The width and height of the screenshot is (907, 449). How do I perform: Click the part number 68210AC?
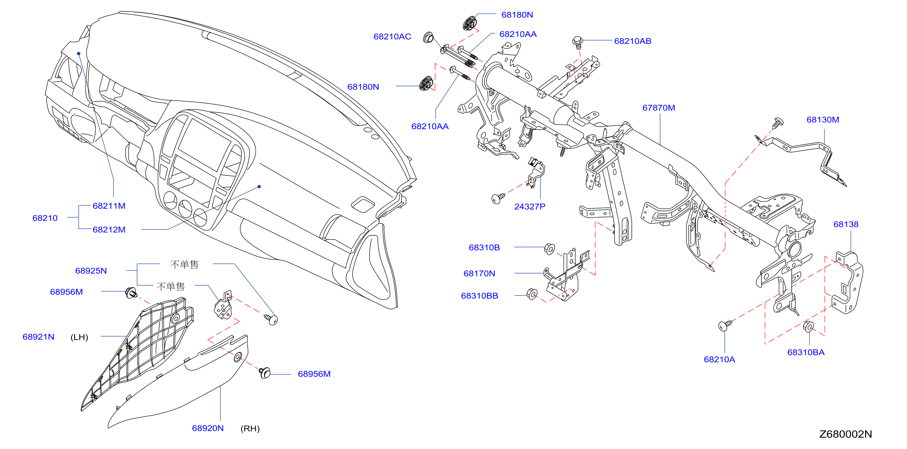click(x=392, y=37)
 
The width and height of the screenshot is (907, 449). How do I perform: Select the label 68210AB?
click(x=633, y=41)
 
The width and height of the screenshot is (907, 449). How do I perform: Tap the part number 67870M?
click(x=659, y=108)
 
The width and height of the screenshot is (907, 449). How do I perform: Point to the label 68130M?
click(x=823, y=120)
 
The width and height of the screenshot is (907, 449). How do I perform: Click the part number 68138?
click(x=846, y=224)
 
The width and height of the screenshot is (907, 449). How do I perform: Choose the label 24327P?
click(x=530, y=207)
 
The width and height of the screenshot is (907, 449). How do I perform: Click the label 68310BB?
click(x=480, y=296)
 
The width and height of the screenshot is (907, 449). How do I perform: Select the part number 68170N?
click(x=479, y=274)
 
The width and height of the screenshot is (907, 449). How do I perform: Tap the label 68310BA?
click(x=806, y=352)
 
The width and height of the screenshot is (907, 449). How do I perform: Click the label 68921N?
click(x=38, y=337)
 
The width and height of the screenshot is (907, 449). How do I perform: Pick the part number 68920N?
click(x=208, y=428)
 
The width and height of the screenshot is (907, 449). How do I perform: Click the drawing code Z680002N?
click(x=846, y=434)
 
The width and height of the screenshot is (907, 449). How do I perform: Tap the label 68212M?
click(x=109, y=229)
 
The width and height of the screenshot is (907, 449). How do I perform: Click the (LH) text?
click(x=79, y=337)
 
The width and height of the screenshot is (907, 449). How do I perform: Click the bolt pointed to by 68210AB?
click(x=577, y=41)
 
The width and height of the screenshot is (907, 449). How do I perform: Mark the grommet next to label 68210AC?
click(x=428, y=37)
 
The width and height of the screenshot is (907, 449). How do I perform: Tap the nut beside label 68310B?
click(x=550, y=248)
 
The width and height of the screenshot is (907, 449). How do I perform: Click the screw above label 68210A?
click(x=725, y=325)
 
